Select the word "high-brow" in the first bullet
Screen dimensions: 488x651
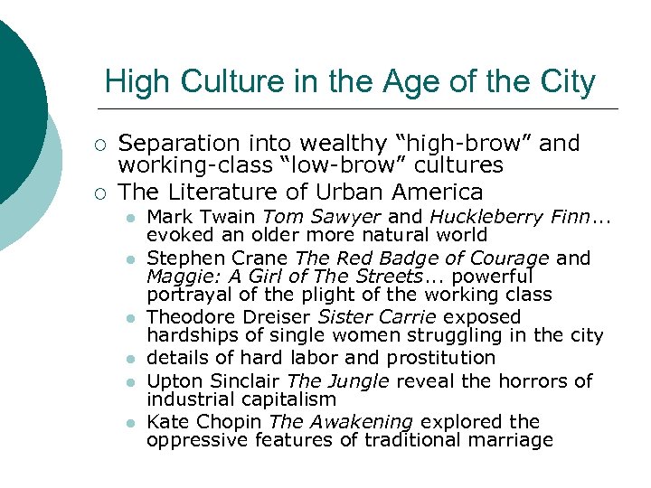point(474,143)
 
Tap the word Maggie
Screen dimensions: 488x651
point(175,277)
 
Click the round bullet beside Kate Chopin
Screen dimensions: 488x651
point(130,423)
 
